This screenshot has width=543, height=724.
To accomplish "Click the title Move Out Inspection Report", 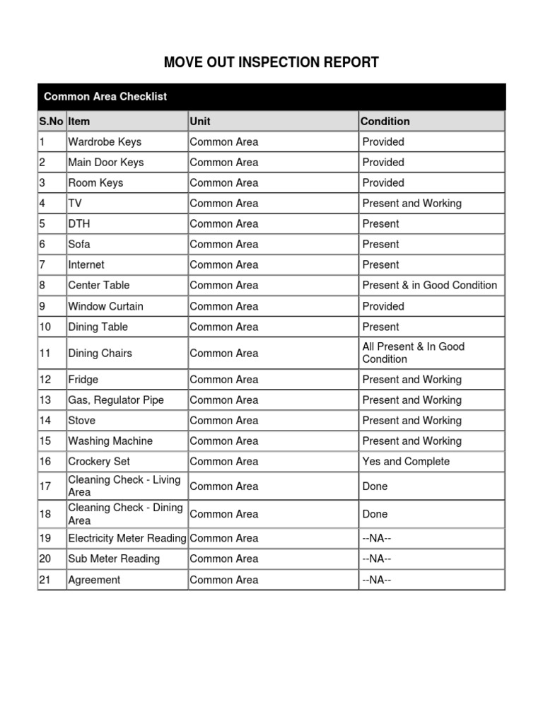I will [x=271, y=62].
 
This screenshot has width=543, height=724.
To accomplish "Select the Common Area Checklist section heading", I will [x=105, y=96].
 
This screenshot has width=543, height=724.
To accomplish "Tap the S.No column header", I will [x=51, y=121].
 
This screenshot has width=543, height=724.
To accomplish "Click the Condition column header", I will [x=385, y=121].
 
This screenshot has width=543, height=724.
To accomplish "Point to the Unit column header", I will [x=201, y=121].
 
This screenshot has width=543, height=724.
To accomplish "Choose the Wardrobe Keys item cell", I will [x=105, y=141].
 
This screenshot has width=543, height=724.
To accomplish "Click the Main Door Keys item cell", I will [x=105, y=162].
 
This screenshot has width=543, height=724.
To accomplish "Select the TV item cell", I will [x=74, y=203].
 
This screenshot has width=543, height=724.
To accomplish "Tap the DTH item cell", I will [x=78, y=223].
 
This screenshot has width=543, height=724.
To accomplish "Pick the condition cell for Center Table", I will [x=429, y=285].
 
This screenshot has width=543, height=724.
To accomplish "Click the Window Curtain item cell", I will [x=105, y=306].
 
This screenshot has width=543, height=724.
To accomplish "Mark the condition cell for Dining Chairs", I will [x=413, y=353].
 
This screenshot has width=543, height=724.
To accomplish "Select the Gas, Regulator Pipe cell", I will [x=115, y=399].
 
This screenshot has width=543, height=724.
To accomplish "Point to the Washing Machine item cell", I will [x=110, y=440].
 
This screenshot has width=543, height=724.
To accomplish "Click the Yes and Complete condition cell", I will [x=406, y=461].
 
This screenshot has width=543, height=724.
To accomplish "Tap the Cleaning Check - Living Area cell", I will [x=124, y=486].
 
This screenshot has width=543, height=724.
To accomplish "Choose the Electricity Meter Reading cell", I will [x=127, y=538].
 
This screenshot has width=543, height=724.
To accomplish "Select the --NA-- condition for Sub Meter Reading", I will [x=376, y=559].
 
